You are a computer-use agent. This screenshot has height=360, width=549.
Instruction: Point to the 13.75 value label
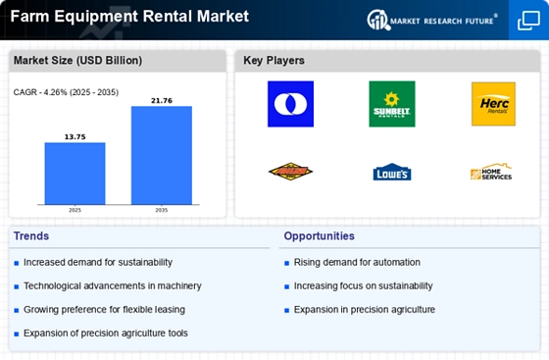75,135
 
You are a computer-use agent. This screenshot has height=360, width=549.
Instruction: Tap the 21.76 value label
162,99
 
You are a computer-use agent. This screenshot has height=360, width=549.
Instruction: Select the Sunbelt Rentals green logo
391,104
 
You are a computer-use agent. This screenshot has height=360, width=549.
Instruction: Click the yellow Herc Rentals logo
492,104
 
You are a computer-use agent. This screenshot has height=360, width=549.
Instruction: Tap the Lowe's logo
391,173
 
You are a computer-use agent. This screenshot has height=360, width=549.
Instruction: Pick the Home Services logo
492,173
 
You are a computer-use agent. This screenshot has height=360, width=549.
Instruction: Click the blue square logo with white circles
290,104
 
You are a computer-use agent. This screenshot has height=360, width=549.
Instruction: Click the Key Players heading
274,61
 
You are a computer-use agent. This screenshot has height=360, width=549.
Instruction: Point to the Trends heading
32,236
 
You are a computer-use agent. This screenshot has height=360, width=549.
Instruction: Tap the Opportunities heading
319,236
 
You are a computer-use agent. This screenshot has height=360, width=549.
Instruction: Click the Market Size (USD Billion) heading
77,61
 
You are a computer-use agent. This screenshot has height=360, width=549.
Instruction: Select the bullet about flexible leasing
104,309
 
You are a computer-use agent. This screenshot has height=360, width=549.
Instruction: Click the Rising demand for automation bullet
356,262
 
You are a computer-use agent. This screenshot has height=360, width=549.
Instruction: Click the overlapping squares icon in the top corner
527,20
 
